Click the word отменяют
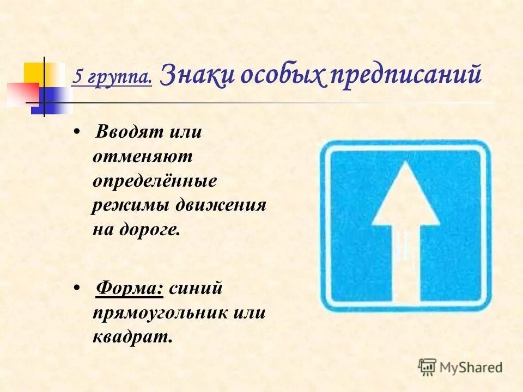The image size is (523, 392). click(x=143, y=157)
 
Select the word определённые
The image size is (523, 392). click(x=155, y=181)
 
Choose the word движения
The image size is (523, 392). click(x=221, y=205)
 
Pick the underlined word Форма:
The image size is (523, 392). click(x=130, y=288)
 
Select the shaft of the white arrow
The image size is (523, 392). click(x=405, y=261)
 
